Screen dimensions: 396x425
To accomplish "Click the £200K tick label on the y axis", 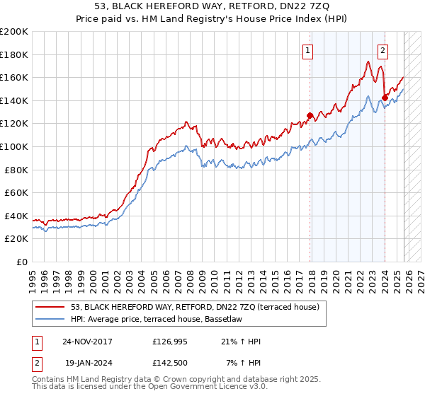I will (14, 32).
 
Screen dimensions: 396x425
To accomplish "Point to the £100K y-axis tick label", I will (14, 146).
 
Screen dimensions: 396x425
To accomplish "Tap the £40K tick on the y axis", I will (16, 216).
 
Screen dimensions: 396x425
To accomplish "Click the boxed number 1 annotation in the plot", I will (309, 50).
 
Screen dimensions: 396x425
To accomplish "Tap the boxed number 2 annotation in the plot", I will (382, 50).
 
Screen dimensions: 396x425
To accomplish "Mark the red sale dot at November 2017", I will (310, 116).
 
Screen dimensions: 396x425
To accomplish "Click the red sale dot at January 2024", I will (385, 98).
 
